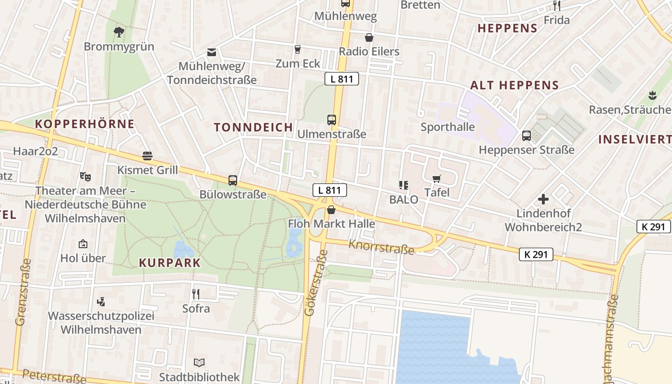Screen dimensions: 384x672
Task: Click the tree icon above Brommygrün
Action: click(119, 32)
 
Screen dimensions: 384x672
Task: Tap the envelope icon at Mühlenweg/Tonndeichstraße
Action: click(211, 52)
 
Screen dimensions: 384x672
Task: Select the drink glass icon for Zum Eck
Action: click(297, 49)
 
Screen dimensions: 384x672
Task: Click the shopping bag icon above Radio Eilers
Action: click(369, 37)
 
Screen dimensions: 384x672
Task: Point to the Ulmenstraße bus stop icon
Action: click(332, 120)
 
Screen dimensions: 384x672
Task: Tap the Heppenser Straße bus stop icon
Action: click(527, 136)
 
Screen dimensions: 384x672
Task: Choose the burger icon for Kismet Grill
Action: click(147, 156)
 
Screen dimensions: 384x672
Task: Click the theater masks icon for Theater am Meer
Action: click(85, 176)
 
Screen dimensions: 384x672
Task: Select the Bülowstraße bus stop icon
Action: click(233, 180)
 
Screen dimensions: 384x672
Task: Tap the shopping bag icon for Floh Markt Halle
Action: click(331, 209)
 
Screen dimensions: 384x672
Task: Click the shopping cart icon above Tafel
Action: click(436, 179)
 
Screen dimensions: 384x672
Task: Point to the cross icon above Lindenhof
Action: click(543, 199)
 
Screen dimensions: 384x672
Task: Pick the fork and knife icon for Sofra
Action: click(196, 294)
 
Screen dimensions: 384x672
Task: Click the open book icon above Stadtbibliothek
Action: click(199, 362)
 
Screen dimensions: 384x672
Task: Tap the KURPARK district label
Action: click(169, 263)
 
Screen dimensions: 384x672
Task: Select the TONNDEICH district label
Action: click(253, 127)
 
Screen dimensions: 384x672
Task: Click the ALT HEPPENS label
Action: click(514, 85)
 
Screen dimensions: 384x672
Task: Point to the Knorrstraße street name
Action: click(381, 247)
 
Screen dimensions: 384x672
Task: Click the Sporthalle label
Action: click(447, 127)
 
